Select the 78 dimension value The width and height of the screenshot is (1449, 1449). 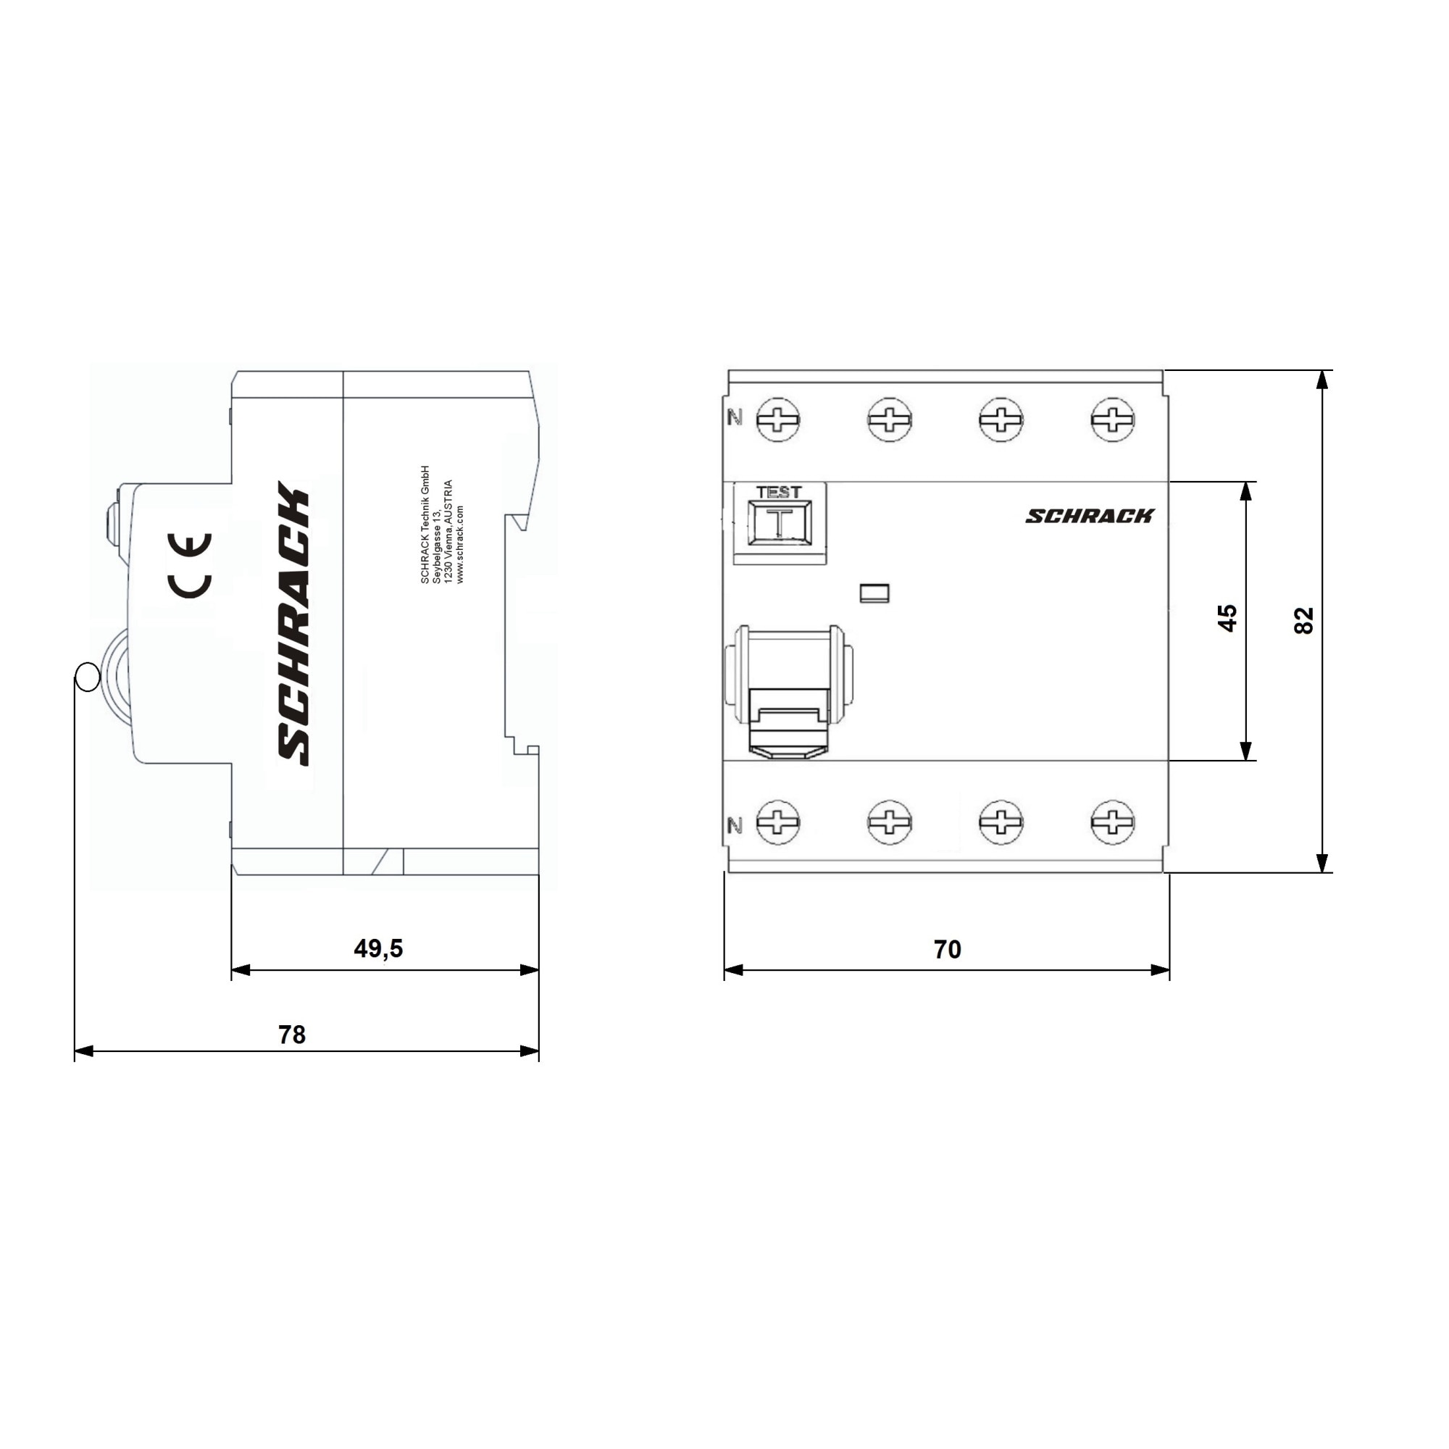pos(292,1035)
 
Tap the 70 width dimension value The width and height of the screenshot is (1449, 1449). pos(947,950)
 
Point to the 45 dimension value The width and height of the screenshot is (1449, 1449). pos(1227,618)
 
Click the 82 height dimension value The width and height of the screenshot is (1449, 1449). pos(1304,620)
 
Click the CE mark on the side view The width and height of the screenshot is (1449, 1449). pos(190,566)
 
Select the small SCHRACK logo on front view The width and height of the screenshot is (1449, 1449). pos(1089,516)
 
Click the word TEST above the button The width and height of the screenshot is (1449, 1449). pos(779,492)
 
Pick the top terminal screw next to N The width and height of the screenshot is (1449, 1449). pos(777,419)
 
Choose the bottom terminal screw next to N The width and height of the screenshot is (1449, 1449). pos(777,822)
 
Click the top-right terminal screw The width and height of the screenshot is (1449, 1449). pos(1112,419)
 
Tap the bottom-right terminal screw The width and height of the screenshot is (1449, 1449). pos(1112,822)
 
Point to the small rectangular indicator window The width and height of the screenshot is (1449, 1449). pos(874,593)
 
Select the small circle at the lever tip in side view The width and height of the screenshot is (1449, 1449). pos(88,677)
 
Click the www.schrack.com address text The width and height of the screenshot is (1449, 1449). pos(460,544)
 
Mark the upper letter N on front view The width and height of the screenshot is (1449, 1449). pos(735,418)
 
